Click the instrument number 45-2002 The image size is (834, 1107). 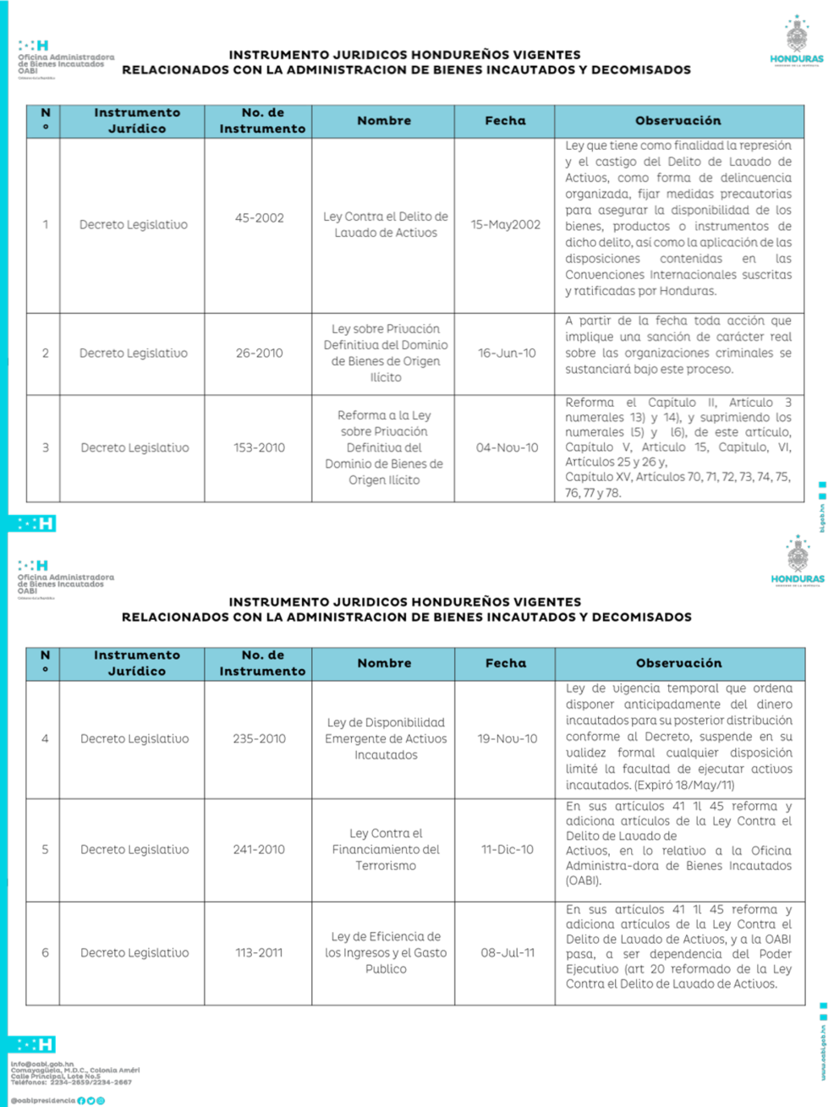259,218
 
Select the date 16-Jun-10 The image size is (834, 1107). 507,353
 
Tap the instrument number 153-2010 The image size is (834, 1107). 259,448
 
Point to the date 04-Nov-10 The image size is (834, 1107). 507,448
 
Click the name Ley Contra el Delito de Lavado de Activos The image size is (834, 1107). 386,225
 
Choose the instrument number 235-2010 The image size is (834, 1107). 259,739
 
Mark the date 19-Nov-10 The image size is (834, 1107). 507,739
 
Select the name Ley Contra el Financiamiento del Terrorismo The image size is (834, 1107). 386,850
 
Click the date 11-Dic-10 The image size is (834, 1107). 507,850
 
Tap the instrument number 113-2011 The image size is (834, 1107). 259,953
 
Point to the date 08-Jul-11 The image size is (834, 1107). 507,953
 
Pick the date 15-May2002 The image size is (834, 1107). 506,225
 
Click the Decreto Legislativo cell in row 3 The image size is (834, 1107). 134,448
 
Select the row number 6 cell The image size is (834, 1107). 45,953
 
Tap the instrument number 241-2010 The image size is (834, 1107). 259,850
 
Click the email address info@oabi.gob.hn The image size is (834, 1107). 42,1064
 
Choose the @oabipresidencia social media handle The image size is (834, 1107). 42,1100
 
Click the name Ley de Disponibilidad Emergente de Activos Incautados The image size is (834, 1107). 386,739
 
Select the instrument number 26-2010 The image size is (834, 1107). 259,353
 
